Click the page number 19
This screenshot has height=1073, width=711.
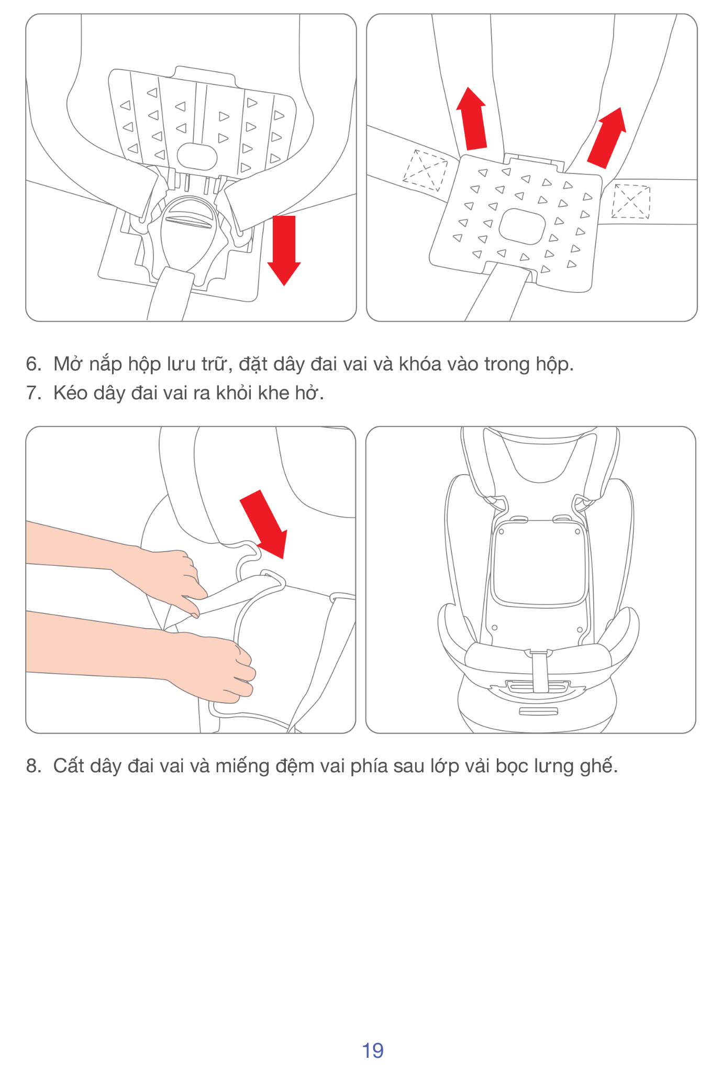click(x=373, y=1050)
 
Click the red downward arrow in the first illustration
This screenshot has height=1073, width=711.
click(x=284, y=250)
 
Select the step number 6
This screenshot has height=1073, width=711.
click(x=34, y=364)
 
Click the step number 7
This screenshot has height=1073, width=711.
click(x=34, y=393)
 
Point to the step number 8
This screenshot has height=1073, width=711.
click(x=34, y=766)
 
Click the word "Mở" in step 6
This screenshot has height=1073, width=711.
click(x=66, y=364)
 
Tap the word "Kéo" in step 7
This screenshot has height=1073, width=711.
click(x=70, y=392)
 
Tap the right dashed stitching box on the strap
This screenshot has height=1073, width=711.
click(x=631, y=201)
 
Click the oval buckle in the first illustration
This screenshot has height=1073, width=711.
click(x=188, y=233)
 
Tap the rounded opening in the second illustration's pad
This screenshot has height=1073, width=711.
click(x=522, y=226)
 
